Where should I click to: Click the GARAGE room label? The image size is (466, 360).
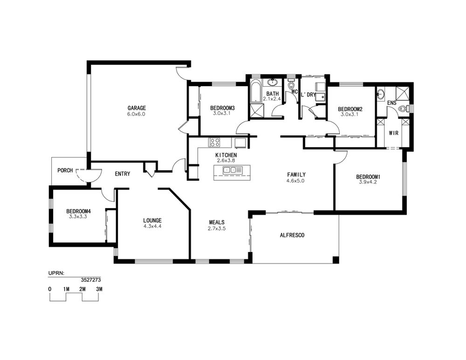pyautogui.click(x=137, y=108)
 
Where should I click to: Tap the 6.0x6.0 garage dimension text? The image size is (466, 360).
pyautogui.click(x=136, y=114)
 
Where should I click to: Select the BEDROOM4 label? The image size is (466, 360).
pyautogui.click(x=78, y=211)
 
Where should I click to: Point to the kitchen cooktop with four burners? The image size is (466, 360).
pyautogui.click(x=214, y=143)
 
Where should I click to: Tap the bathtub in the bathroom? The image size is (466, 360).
pyautogui.click(x=255, y=92)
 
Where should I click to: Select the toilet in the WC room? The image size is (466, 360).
pyautogui.click(x=291, y=85)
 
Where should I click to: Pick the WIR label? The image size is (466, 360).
pyautogui.click(x=393, y=133)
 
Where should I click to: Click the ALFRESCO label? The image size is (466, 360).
pyautogui.click(x=292, y=235)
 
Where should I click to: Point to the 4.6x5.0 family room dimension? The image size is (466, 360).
pyautogui.click(x=295, y=181)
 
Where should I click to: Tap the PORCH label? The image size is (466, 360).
pyautogui.click(x=65, y=170)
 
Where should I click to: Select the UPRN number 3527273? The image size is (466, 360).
pyautogui.click(x=91, y=279)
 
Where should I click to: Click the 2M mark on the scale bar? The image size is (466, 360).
pyautogui.click(x=82, y=289)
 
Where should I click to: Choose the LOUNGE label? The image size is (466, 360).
pyautogui.click(x=152, y=220)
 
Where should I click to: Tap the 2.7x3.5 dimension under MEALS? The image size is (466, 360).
pyautogui.click(x=217, y=228)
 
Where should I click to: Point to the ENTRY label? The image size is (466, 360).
pyautogui.click(x=123, y=174)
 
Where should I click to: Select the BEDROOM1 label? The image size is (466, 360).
pyautogui.click(x=368, y=177)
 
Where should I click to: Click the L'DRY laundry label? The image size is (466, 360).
pyautogui.click(x=308, y=95)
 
